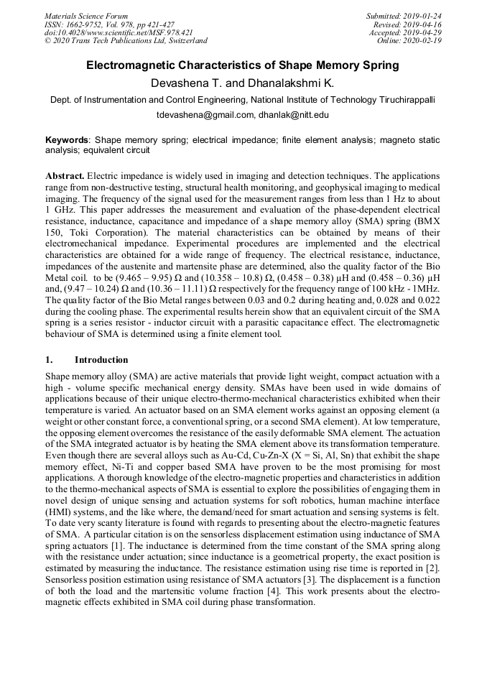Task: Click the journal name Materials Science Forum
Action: click(x=86, y=16)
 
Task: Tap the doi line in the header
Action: click(x=119, y=32)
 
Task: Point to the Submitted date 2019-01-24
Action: click(x=422, y=16)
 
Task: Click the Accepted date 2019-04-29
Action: click(x=422, y=32)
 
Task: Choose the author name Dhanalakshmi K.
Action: click(x=290, y=83)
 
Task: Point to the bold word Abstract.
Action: click(x=65, y=176)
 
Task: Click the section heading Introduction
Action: click(x=101, y=360)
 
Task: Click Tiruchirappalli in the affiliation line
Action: click(x=397, y=100)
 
